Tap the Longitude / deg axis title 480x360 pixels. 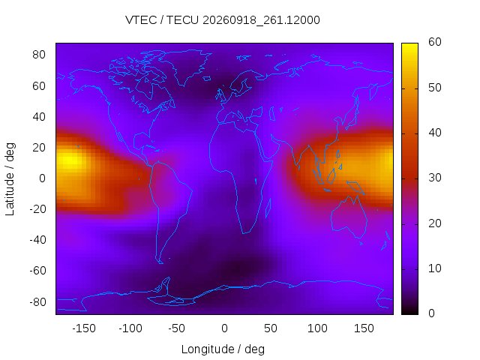click(223, 349)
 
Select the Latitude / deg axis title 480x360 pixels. click(10, 179)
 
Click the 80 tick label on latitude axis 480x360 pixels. click(38, 55)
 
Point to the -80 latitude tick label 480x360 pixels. click(37, 302)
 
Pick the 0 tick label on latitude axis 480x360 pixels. click(42, 178)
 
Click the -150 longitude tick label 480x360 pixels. click(84, 328)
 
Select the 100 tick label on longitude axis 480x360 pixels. click(317, 328)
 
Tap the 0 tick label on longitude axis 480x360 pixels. click(224, 328)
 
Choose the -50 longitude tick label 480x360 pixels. click(177, 328)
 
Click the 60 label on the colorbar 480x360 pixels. click(435, 42)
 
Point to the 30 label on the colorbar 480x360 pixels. click(435, 178)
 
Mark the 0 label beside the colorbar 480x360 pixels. click(431, 313)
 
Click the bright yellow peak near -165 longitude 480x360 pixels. click(70, 160)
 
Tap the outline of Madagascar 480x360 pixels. click(268, 208)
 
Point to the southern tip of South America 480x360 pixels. click(161, 263)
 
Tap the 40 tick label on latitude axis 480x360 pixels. click(38, 117)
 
